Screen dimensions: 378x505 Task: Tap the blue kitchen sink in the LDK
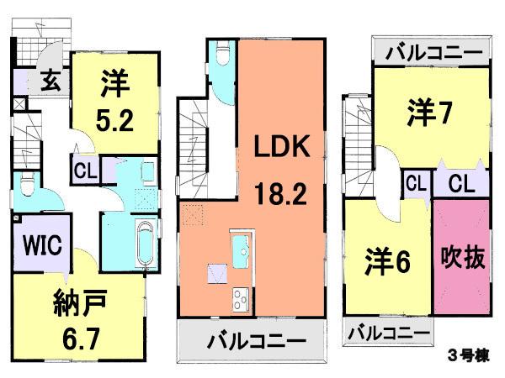tap(240, 249)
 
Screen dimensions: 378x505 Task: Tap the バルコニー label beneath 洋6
tap(387, 333)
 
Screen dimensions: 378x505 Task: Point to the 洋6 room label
tap(387, 261)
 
